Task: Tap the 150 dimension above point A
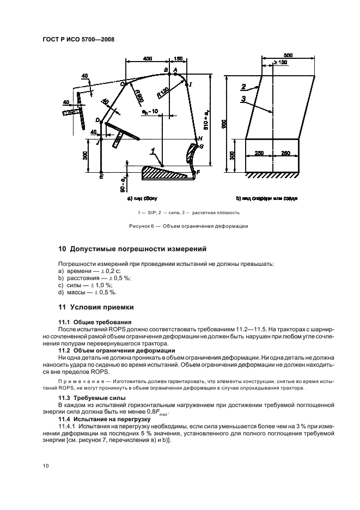point(179,58)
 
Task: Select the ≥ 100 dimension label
point(280,63)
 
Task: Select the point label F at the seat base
point(198,172)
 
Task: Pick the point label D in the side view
point(97,120)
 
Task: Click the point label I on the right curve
point(191,84)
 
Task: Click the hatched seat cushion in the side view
point(166,173)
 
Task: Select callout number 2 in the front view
point(243,86)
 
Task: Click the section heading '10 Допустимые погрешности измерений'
point(132,249)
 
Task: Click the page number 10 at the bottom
point(44,465)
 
